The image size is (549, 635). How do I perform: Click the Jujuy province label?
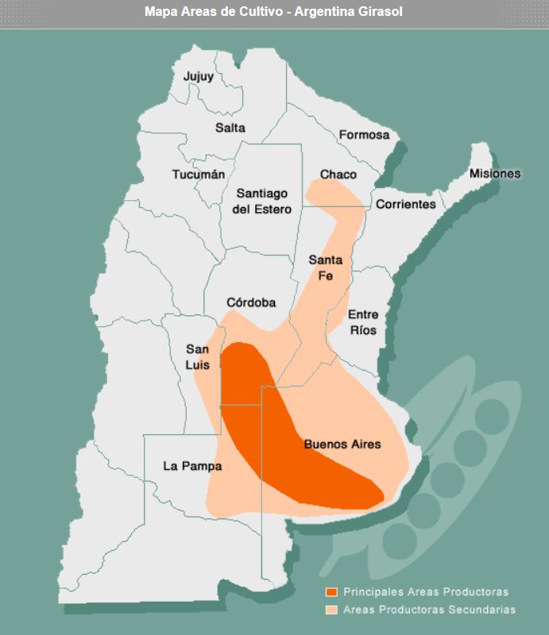(199, 77)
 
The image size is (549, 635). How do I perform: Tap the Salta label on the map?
(230, 128)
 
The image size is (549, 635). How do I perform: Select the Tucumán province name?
(199, 175)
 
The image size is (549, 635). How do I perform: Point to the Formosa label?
(365, 135)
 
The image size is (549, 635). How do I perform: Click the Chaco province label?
(338, 175)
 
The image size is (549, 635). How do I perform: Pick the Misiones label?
(495, 174)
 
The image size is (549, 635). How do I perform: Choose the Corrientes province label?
(406, 204)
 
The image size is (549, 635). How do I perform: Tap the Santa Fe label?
(326, 268)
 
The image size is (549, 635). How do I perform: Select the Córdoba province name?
(251, 302)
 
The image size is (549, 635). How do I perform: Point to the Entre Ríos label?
(363, 322)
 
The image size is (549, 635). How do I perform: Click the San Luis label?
(198, 356)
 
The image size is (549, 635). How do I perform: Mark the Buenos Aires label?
(342, 444)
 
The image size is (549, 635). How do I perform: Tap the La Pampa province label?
(192, 466)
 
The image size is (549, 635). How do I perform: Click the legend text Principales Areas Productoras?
(426, 592)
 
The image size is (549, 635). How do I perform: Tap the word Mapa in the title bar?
(160, 13)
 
